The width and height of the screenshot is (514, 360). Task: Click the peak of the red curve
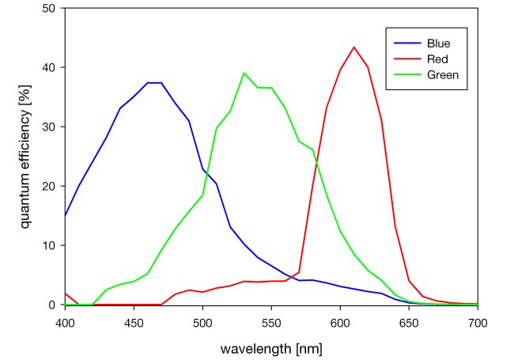(353, 47)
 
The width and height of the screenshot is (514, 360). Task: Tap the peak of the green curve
(244, 73)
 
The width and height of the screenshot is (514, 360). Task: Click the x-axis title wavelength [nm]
(272, 347)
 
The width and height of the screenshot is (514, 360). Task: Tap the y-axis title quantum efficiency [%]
(25, 156)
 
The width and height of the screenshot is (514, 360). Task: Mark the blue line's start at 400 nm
(65, 215)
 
